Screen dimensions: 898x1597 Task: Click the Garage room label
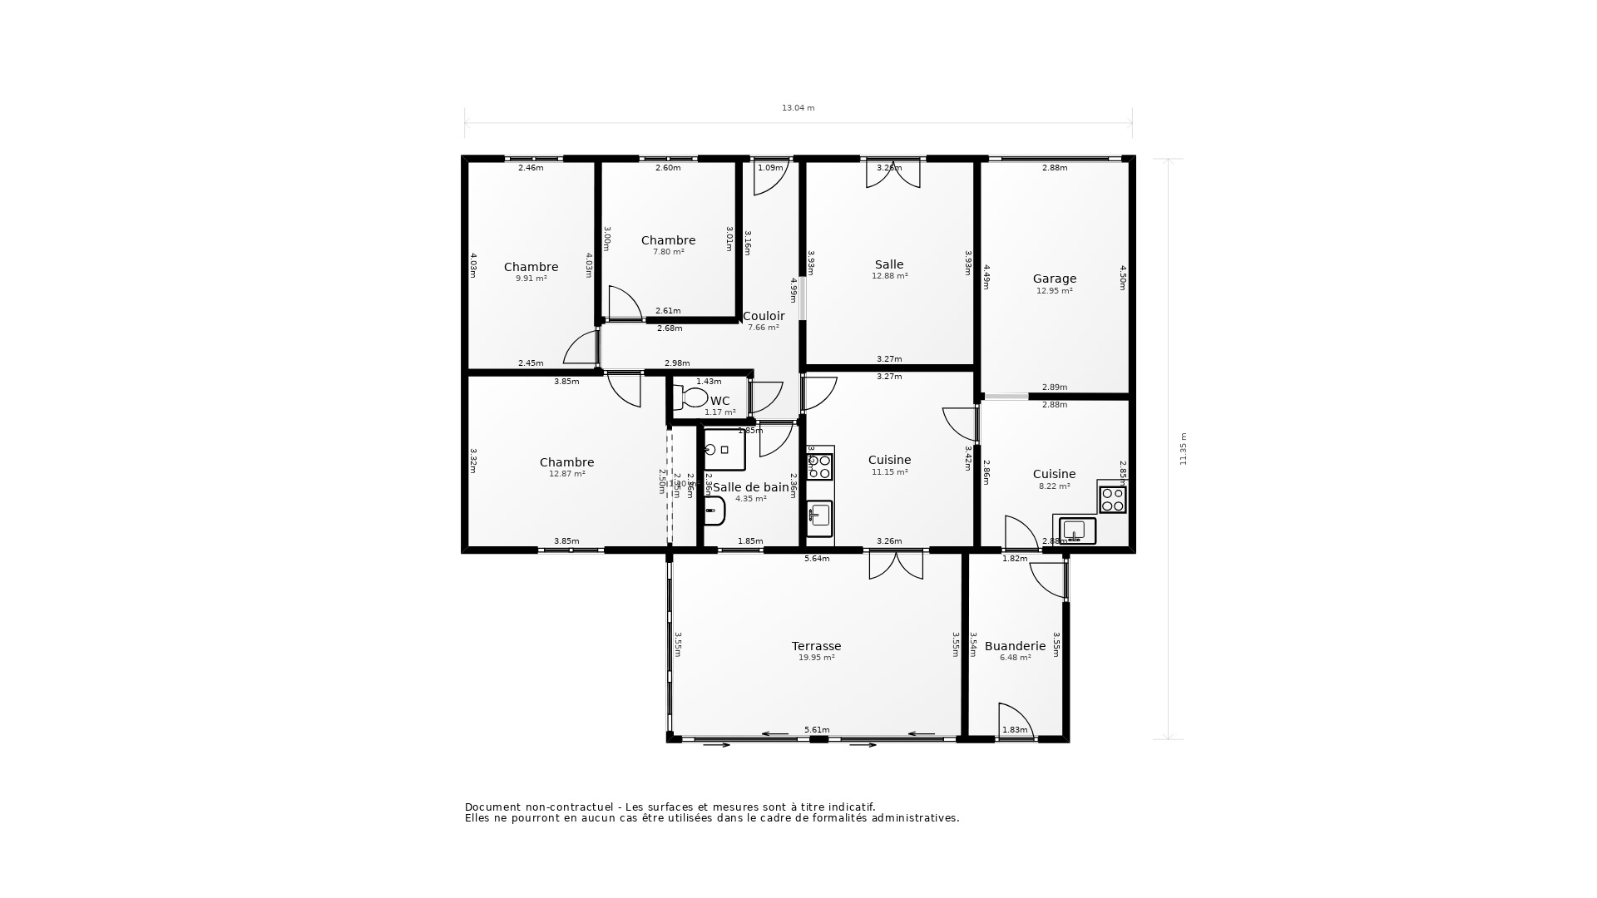[1054, 279]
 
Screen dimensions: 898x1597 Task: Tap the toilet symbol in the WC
[691, 397]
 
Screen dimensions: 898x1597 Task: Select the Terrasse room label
[816, 646]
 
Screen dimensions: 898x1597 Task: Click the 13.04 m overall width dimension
[798, 108]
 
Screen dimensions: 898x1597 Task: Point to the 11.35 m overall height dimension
[1184, 448]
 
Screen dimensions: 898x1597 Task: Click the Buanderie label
[1015, 646]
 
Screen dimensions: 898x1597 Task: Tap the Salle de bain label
[750, 487]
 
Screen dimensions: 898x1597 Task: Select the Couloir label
[763, 316]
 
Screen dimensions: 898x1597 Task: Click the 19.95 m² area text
[816, 658]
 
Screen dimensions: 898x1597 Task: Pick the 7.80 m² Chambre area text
[668, 252]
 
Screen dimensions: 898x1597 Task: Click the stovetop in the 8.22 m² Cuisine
[1112, 500]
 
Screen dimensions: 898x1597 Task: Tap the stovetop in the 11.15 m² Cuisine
[819, 466]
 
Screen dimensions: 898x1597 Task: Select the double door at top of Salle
[892, 175]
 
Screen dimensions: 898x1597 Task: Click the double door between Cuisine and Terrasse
[896, 565]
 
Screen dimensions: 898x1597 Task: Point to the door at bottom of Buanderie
[1014, 720]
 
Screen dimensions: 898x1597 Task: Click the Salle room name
[889, 264]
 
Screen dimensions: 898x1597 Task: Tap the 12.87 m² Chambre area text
[566, 474]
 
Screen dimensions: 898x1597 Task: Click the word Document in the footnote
[492, 807]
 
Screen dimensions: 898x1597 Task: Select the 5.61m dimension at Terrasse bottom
[816, 730]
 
